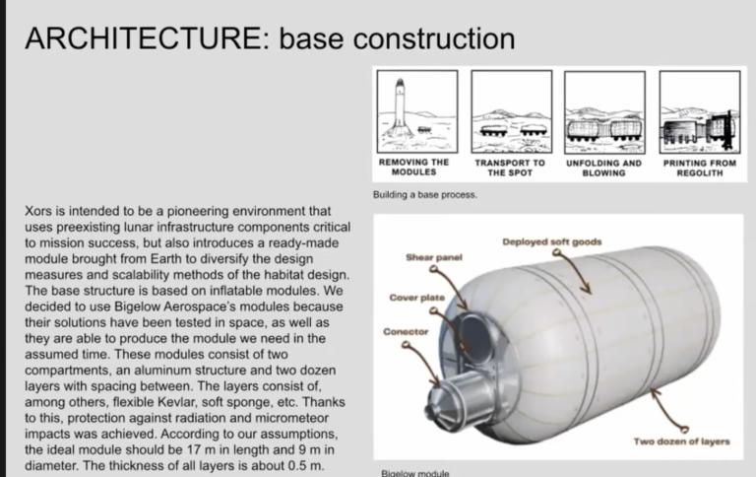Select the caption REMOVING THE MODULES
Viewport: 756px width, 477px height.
point(413,167)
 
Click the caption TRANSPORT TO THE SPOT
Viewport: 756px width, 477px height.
point(509,168)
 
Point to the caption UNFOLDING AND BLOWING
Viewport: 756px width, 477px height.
point(603,168)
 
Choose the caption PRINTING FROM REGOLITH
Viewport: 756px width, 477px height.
point(699,168)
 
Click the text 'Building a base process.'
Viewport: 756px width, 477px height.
point(424,195)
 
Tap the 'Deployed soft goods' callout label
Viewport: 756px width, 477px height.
point(551,241)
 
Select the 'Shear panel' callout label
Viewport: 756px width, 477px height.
point(434,257)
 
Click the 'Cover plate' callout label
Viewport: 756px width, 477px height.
point(416,296)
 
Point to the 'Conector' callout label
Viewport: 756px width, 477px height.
point(406,332)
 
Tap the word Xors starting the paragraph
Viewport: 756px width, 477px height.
point(37,212)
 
